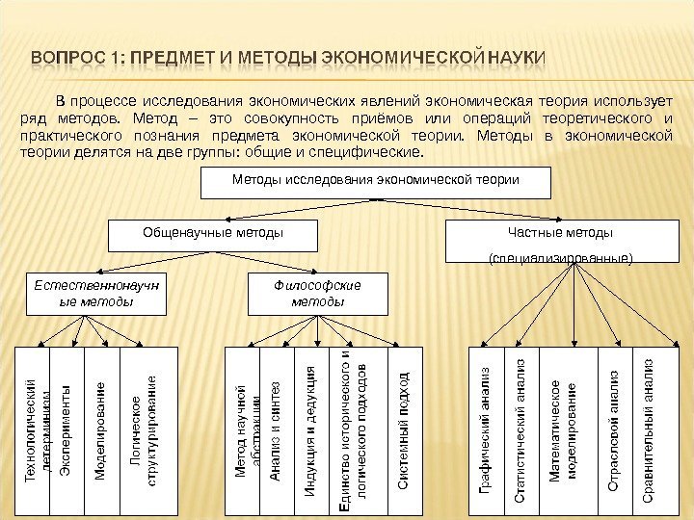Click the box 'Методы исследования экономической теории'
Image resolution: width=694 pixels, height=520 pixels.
click(x=375, y=181)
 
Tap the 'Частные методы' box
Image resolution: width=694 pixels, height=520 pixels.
click(x=560, y=241)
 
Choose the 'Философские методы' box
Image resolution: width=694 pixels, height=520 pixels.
click(x=318, y=294)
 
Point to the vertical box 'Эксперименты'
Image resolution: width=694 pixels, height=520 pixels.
click(x=67, y=429)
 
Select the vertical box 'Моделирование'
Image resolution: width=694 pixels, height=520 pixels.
click(x=101, y=429)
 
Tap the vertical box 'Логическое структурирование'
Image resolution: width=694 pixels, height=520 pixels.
click(x=148, y=429)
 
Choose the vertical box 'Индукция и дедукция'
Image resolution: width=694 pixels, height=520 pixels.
click(x=310, y=429)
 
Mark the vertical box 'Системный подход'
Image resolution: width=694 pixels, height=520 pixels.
click(x=403, y=429)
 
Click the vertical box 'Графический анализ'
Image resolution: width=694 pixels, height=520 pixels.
click(x=487, y=429)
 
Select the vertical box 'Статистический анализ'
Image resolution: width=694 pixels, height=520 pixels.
click(x=520, y=429)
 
